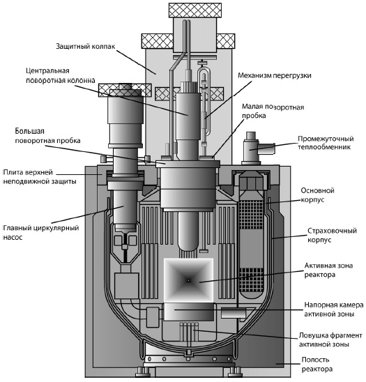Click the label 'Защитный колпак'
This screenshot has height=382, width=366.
(86, 46)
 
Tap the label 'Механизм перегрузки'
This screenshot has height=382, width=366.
(275, 75)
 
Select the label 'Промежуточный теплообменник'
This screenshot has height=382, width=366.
(326, 143)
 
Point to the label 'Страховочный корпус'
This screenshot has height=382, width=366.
(332, 235)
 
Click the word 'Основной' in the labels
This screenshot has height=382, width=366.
(317, 190)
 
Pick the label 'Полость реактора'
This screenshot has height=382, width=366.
(317, 364)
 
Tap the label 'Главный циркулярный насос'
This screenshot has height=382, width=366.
(40, 232)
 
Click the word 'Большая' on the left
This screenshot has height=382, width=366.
(30, 131)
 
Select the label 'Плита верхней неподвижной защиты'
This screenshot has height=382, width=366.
(40, 176)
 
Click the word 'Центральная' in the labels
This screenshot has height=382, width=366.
(47, 70)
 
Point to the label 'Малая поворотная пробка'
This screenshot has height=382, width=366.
(273, 111)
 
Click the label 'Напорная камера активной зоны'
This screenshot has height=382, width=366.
(334, 310)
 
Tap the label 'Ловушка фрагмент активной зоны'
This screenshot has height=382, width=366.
(330, 340)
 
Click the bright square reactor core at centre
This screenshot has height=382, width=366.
(188, 280)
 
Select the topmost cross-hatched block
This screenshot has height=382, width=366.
(195, 10)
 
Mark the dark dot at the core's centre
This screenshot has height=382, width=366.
(188, 280)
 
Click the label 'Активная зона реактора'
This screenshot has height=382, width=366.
(328, 270)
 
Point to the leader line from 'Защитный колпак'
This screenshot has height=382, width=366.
(136, 61)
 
